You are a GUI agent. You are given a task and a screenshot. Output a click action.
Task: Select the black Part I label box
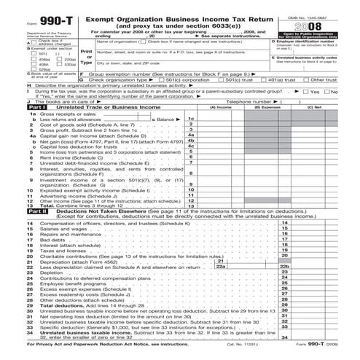pyautogui.click(x=15, y=128)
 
